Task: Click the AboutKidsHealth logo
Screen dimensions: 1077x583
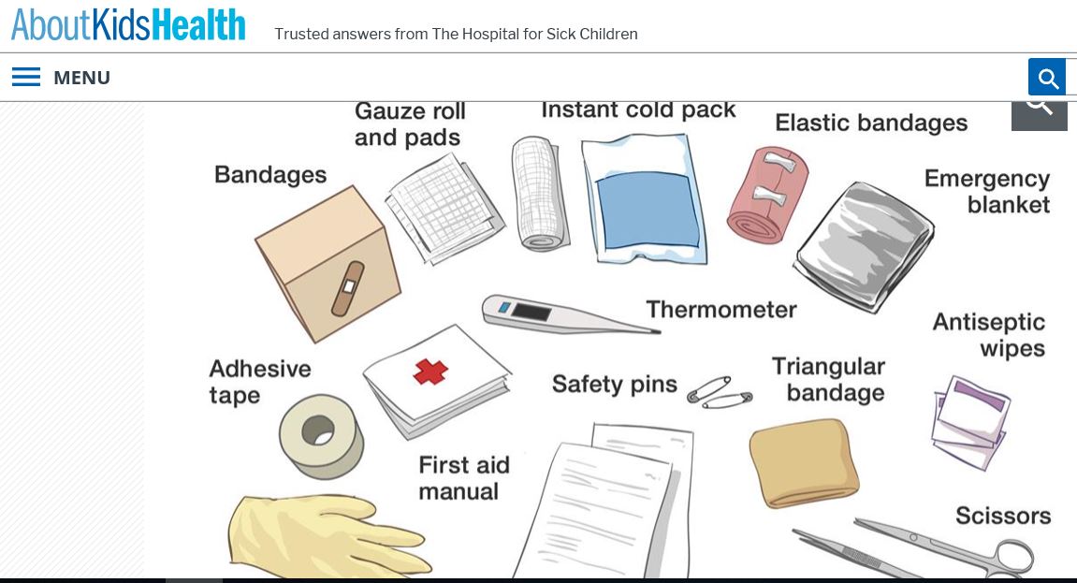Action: pos(128,25)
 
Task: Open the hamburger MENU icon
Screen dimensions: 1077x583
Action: pos(26,78)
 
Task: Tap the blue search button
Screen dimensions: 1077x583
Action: pos(1047,78)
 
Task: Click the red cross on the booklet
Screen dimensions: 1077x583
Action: pos(430,372)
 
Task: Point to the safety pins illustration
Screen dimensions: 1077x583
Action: pos(719,393)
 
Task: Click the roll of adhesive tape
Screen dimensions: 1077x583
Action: pos(321,434)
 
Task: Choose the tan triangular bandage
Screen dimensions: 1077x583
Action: pos(804,462)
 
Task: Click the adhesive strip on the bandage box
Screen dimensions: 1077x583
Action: pos(347,289)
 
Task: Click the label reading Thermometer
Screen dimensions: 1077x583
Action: pos(720,310)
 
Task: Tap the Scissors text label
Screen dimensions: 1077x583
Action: pos(1002,516)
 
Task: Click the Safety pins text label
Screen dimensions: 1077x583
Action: pos(614,384)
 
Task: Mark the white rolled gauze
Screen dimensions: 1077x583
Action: pos(540,194)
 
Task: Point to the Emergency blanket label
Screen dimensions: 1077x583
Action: pos(988,192)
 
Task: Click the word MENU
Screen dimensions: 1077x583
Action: pos(81,78)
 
